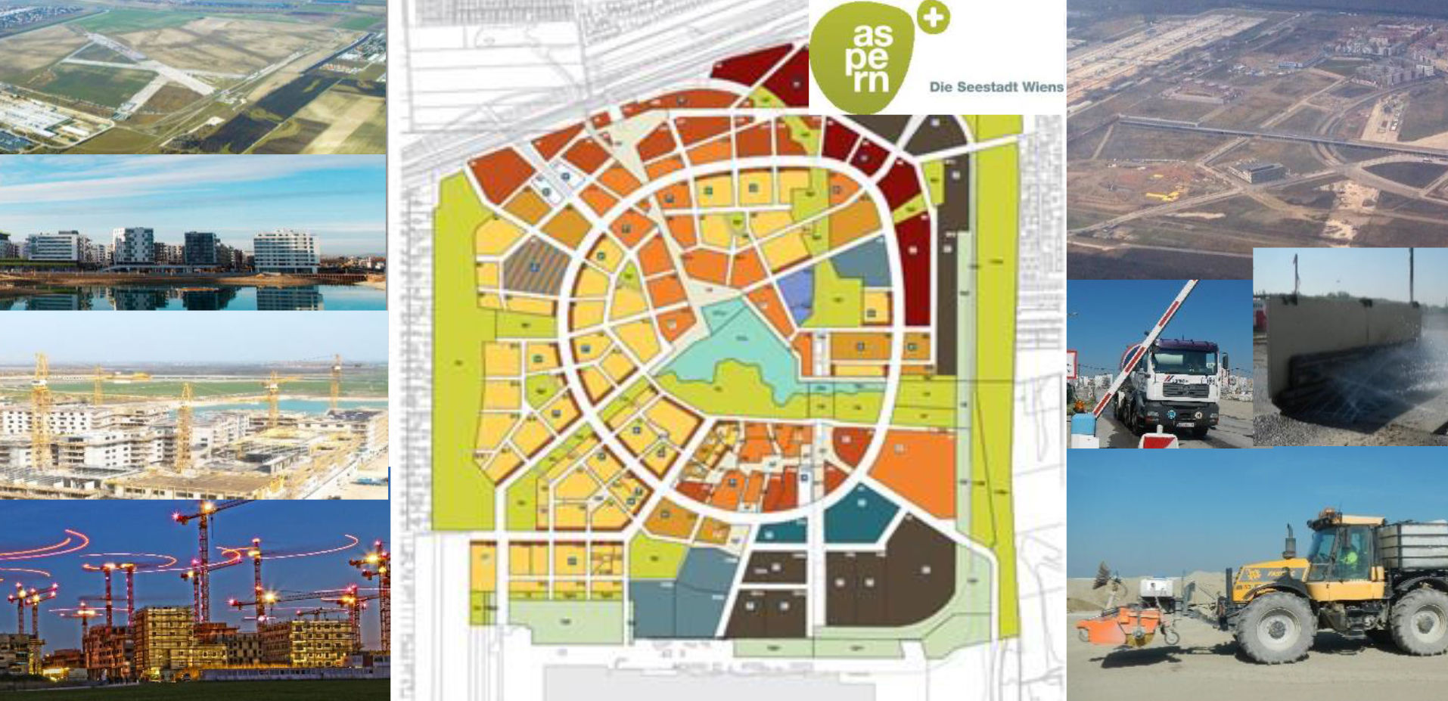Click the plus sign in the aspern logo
click(933, 17)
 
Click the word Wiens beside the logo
click(1042, 87)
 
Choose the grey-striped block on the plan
click(535, 266)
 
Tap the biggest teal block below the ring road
click(857, 514)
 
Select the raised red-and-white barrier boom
click(1144, 348)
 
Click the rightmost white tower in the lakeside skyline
click(286, 250)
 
